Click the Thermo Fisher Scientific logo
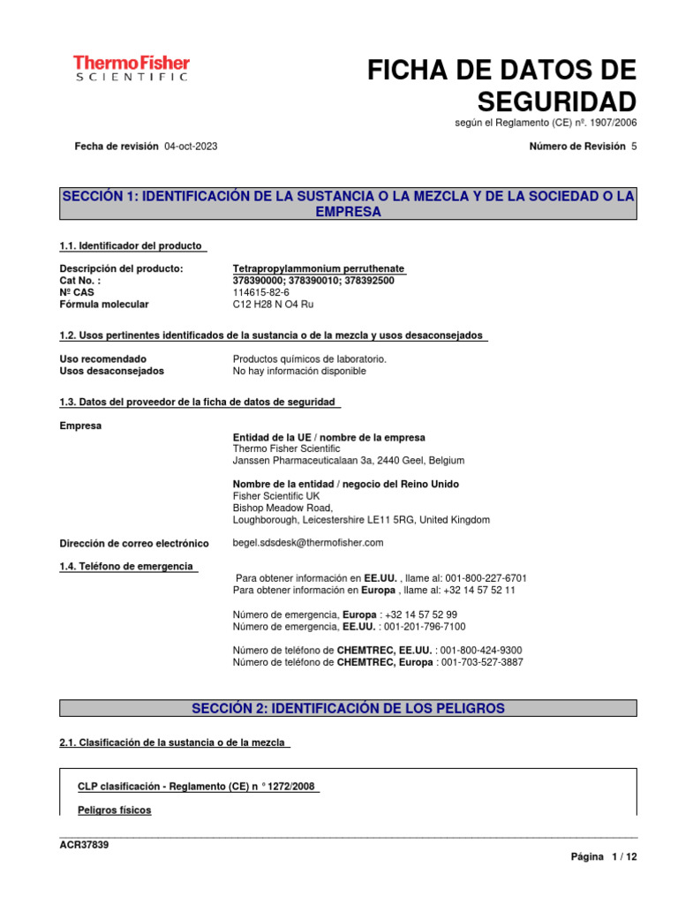[x=131, y=68]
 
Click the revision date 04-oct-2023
[x=191, y=147]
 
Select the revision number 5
[x=633, y=147]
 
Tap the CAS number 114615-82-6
[x=264, y=292]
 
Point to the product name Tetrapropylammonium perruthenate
[x=319, y=268]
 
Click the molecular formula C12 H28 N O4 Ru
[x=273, y=305]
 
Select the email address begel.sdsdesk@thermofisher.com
[x=308, y=542]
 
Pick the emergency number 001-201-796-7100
[x=424, y=626]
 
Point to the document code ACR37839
[x=84, y=845]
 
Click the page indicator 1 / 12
[x=623, y=857]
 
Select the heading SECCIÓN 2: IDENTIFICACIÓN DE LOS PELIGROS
[x=348, y=708]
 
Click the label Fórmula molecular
[x=104, y=305]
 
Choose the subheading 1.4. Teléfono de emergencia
[x=125, y=566]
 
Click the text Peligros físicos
[x=114, y=810]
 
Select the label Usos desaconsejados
[x=111, y=371]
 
